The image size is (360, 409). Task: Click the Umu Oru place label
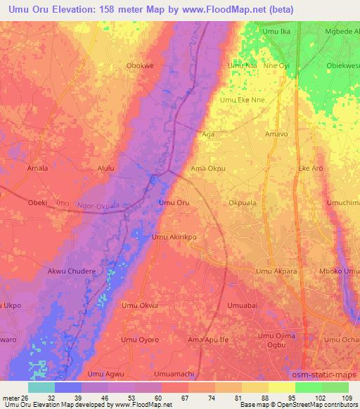click(174, 203)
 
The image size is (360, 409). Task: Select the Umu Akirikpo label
click(174, 238)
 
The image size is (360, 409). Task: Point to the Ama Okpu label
click(208, 169)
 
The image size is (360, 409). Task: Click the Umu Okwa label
click(139, 306)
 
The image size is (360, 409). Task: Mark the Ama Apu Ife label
click(209, 339)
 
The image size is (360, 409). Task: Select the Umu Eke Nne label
click(243, 100)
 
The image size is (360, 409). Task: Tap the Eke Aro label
click(311, 169)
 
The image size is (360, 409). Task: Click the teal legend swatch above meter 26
click(41, 387)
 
